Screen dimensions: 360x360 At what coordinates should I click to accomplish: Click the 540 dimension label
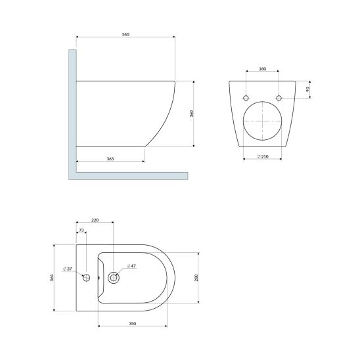click(x=125, y=34)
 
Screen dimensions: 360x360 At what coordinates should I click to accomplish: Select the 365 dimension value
click(x=110, y=158)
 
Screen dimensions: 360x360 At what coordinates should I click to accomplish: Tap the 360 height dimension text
click(x=192, y=114)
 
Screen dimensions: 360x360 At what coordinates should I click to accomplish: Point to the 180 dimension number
click(x=262, y=69)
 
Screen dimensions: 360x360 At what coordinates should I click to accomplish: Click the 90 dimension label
click(x=308, y=89)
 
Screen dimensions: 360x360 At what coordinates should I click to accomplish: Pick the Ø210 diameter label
click(x=263, y=156)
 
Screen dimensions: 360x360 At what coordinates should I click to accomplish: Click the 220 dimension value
click(x=95, y=220)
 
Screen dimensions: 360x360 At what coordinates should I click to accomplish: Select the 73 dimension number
click(x=81, y=230)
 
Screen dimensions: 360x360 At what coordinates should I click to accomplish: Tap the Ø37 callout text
click(x=68, y=269)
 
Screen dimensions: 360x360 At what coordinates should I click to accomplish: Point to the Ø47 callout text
click(x=131, y=266)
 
